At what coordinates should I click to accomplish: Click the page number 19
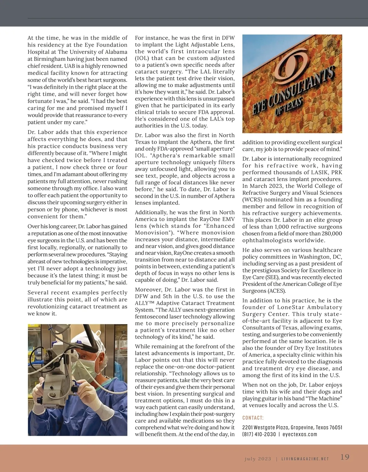point(345,457)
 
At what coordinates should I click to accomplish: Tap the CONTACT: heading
point(253,418)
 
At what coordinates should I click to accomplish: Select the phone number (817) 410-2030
point(259,434)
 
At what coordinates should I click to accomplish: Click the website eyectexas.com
point(300,434)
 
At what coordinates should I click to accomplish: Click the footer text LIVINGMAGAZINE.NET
point(305,459)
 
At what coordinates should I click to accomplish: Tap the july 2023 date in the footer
point(258,459)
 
